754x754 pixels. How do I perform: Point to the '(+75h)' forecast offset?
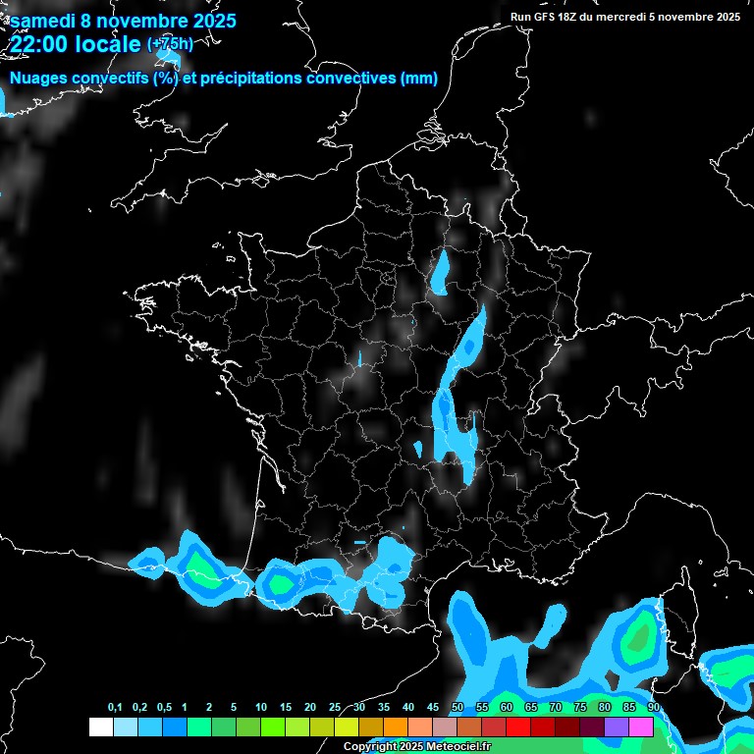(170, 43)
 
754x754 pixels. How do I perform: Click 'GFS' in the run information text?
(545, 17)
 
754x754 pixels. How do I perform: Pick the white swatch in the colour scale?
(101, 727)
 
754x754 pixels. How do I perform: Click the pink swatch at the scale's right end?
(641, 727)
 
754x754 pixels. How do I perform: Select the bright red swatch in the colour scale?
(518, 727)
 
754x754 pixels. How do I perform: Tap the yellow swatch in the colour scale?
(347, 727)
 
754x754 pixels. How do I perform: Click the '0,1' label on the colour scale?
(115, 708)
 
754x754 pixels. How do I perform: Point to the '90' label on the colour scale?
(653, 708)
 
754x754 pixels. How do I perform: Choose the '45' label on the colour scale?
(433, 708)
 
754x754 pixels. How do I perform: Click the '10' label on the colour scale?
(261, 708)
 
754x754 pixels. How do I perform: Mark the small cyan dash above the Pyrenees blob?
(359, 542)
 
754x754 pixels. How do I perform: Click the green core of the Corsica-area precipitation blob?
(640, 638)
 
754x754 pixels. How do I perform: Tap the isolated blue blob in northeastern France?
(441, 273)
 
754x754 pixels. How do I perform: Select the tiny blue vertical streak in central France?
(360, 357)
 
